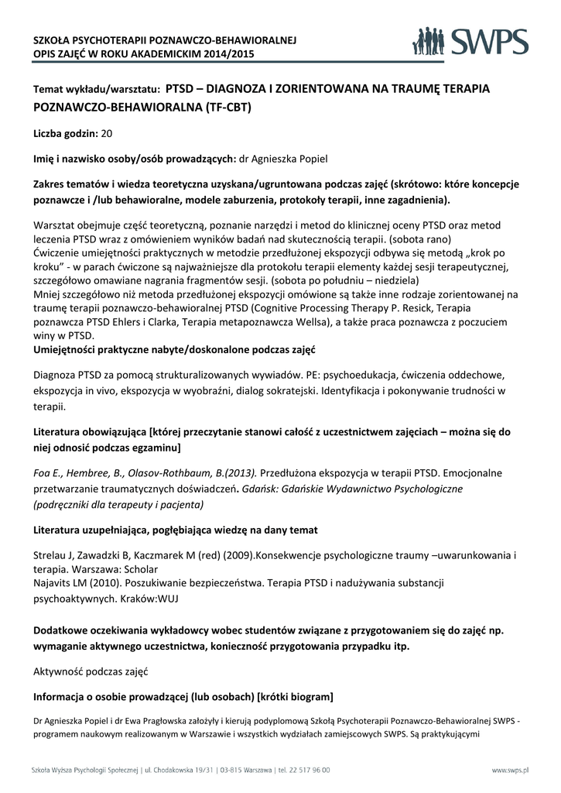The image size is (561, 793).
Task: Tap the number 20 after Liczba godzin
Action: (x=107, y=133)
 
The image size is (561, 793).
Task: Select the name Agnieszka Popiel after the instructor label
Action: (x=289, y=160)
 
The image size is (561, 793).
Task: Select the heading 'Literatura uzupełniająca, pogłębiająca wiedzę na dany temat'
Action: (x=176, y=530)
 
